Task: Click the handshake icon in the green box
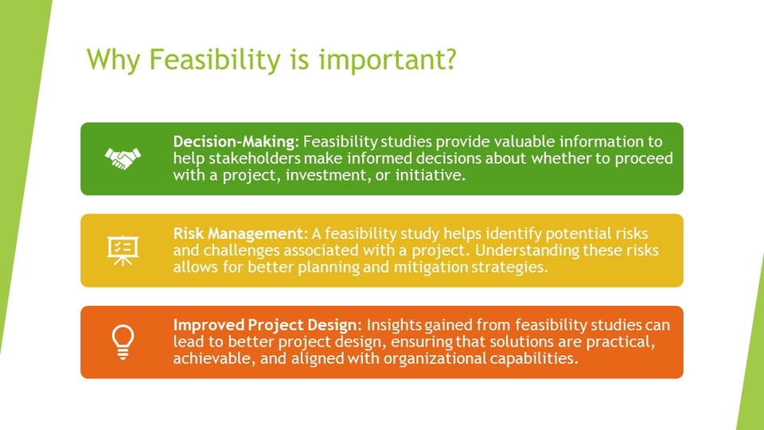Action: tap(123, 158)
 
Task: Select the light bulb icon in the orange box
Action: tap(123, 342)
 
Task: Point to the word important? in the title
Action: tap(388, 60)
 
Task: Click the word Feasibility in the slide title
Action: tap(215, 60)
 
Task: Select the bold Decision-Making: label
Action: tap(236, 142)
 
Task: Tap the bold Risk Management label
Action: tap(238, 233)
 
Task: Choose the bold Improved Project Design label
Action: tap(265, 325)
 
